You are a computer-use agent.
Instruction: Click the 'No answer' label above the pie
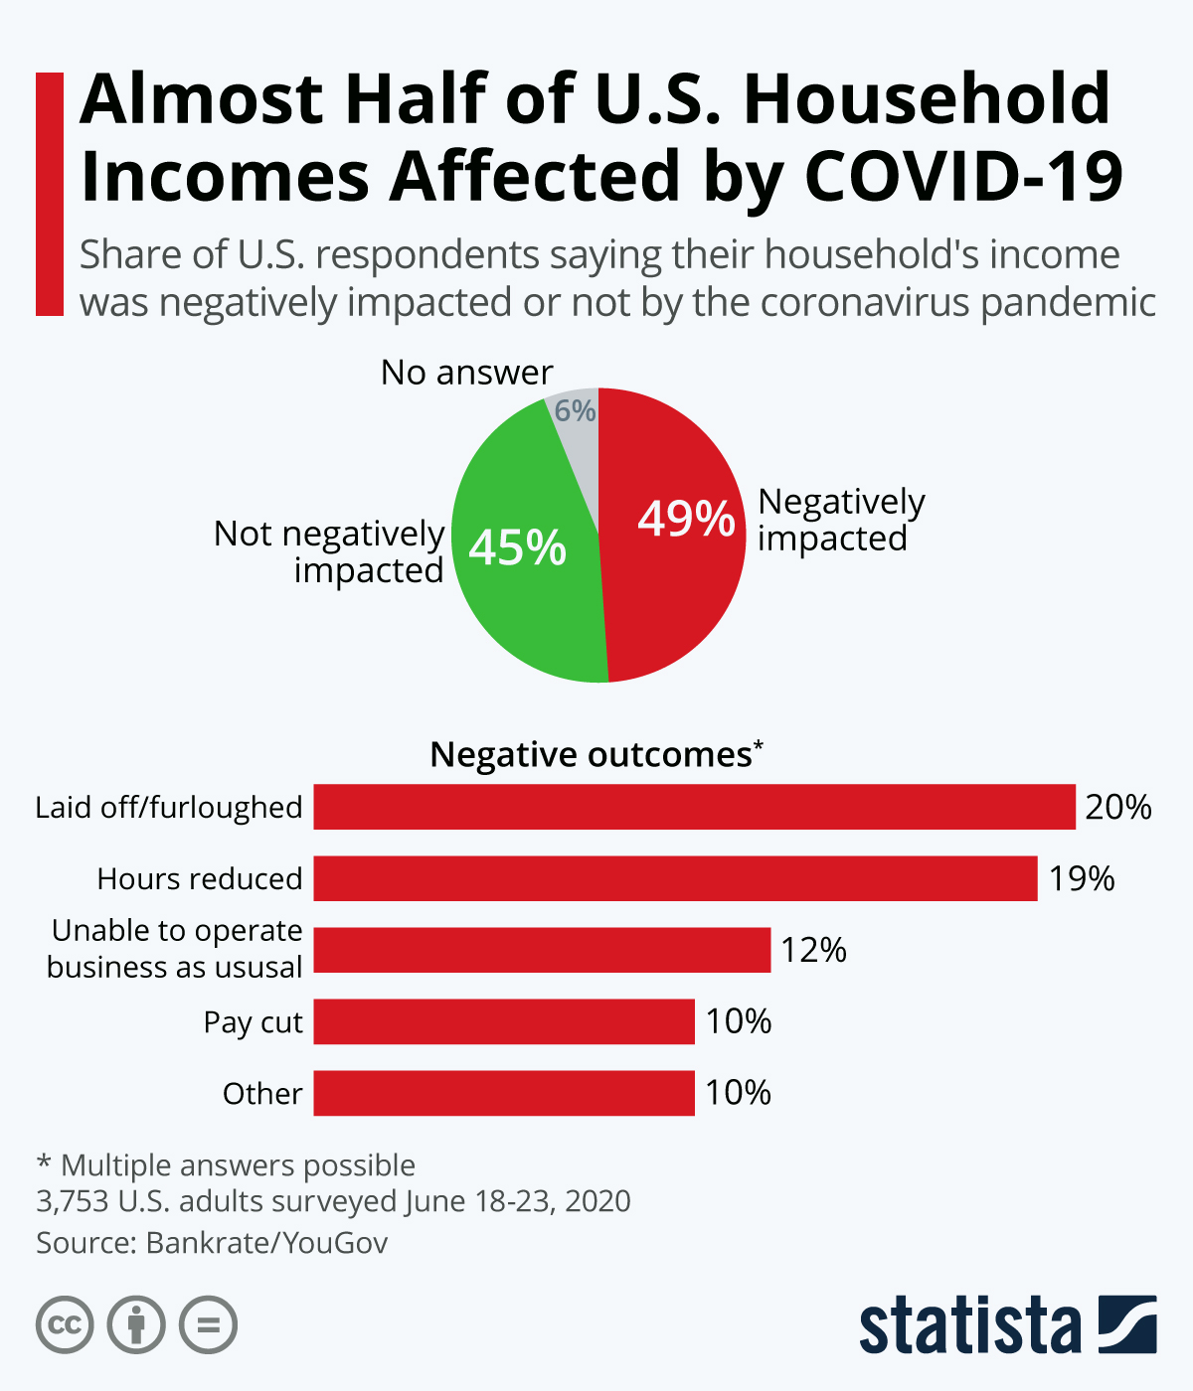466,373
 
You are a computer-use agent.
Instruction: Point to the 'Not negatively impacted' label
330,551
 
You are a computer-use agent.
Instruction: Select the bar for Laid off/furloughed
694,807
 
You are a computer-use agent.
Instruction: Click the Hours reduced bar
675,878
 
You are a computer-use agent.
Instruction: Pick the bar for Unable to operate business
542,950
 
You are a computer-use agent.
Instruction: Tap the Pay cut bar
504,1021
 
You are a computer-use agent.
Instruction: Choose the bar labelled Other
504,1093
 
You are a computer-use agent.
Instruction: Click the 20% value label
1117,807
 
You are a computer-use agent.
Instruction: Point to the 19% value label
1082,878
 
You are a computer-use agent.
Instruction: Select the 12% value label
813,950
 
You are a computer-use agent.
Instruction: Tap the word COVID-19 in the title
962,177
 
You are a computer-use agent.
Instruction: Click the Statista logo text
970,1325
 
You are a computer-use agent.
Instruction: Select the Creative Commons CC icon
65,1325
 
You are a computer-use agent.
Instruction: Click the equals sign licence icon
208,1325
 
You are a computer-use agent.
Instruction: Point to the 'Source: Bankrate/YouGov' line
212,1243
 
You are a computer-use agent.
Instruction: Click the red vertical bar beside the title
49,194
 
